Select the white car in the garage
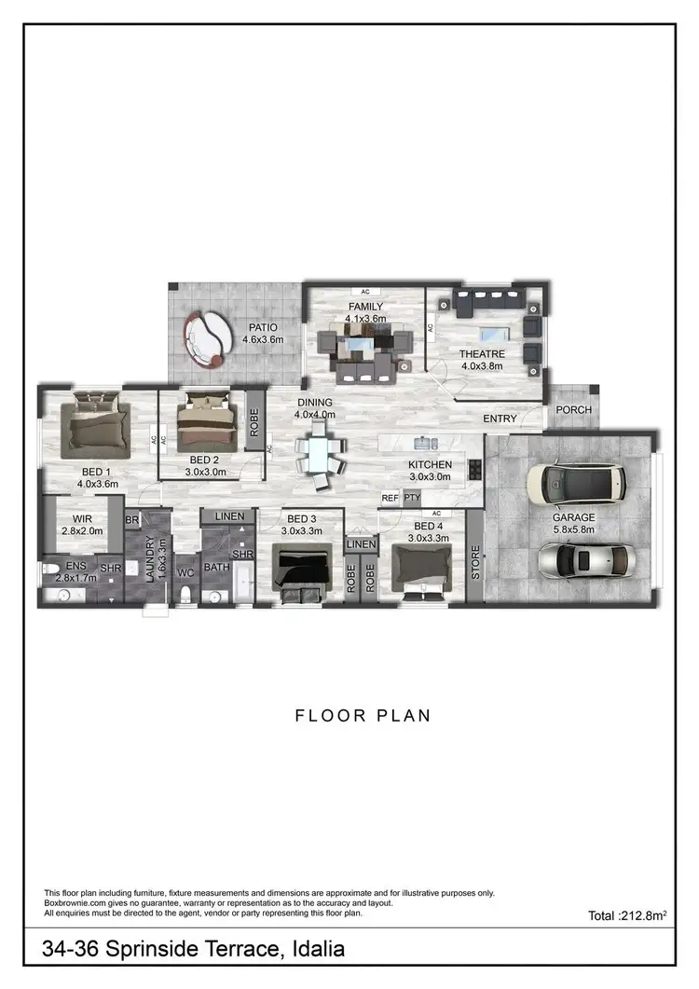coord(565,481)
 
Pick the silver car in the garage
coord(583,559)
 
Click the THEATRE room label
coord(482,354)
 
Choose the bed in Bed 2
coord(202,422)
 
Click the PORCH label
coord(573,410)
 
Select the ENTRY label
coord(500,419)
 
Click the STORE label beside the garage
coord(474,562)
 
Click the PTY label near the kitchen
coord(411,499)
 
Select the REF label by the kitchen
coord(390,499)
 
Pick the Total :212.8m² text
coord(631,916)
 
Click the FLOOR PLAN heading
coord(363,716)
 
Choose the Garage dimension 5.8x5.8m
coord(573,530)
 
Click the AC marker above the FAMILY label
coord(365,292)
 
